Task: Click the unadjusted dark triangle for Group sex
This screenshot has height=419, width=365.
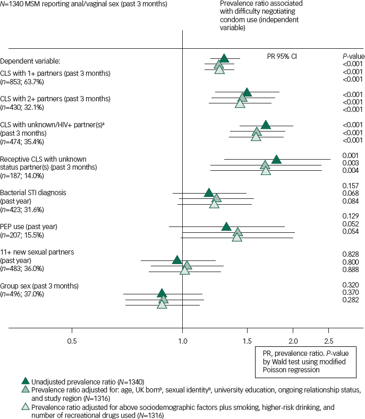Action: pyautogui.click(x=162, y=293)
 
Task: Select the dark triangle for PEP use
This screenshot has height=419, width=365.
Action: pyautogui.click(x=227, y=226)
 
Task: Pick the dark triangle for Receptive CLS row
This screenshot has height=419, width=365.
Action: pyautogui.click(x=276, y=159)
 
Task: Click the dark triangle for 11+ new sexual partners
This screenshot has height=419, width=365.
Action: pyautogui.click(x=177, y=259)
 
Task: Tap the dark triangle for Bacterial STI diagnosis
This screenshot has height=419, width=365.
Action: pyautogui.click(x=209, y=192)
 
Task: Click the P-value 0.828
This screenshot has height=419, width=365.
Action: pyautogui.click(x=351, y=255)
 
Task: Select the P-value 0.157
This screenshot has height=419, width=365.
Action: pyautogui.click(x=351, y=186)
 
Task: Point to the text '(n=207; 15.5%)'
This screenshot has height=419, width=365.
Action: pyautogui.click(x=22, y=234)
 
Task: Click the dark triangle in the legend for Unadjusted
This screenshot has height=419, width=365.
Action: pyautogui.click(x=25, y=381)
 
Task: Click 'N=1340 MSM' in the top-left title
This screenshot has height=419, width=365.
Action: pyautogui.click(x=21, y=4)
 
